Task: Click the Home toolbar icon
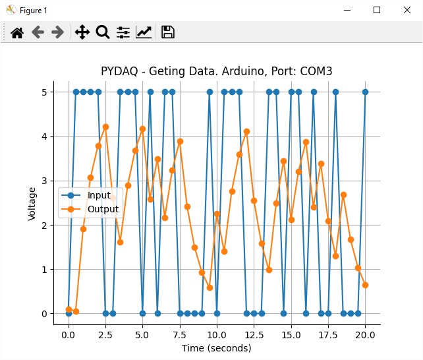coord(17,32)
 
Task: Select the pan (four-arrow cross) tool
coord(82,32)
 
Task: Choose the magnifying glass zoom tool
coord(103,32)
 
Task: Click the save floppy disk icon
coord(168,32)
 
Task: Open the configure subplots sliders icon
coord(123,32)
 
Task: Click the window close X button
coord(407,10)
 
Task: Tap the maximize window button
coord(377,10)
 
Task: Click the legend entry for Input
coord(99,196)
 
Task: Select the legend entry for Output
coord(103,210)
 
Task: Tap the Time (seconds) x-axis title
coord(217,347)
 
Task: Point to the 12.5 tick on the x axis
coord(254,334)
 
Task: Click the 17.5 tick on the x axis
coord(328,334)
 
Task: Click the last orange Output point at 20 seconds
coord(365,285)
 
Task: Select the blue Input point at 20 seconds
coord(365,92)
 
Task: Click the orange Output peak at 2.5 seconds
coord(105,127)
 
